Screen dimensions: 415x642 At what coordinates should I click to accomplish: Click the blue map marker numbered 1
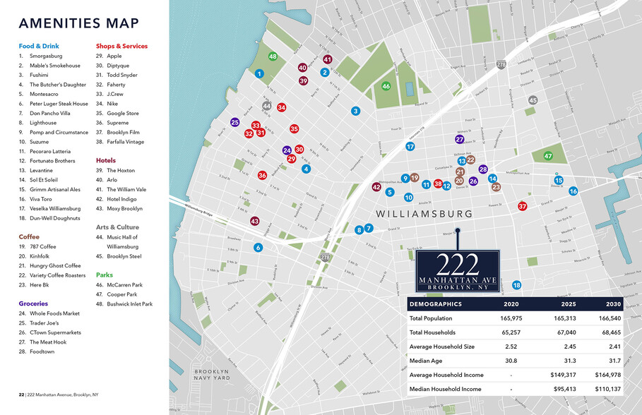[x=259, y=73]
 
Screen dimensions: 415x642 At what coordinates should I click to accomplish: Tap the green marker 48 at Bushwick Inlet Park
[x=273, y=56]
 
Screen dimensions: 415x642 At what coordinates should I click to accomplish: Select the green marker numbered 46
[x=386, y=86]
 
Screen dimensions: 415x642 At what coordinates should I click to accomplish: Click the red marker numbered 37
[x=523, y=206]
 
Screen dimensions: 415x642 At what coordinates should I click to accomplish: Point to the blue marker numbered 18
[x=516, y=285]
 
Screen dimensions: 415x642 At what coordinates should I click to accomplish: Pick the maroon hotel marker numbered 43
[x=254, y=221]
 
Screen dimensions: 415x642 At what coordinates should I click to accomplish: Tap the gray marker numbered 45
[x=533, y=100]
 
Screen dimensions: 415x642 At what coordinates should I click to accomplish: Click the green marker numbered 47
[x=548, y=156]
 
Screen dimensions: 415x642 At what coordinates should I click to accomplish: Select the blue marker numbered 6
[x=258, y=247]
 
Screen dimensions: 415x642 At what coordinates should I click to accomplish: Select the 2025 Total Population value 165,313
[x=562, y=318]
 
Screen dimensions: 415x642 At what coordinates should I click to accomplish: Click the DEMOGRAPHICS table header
[x=436, y=304]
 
